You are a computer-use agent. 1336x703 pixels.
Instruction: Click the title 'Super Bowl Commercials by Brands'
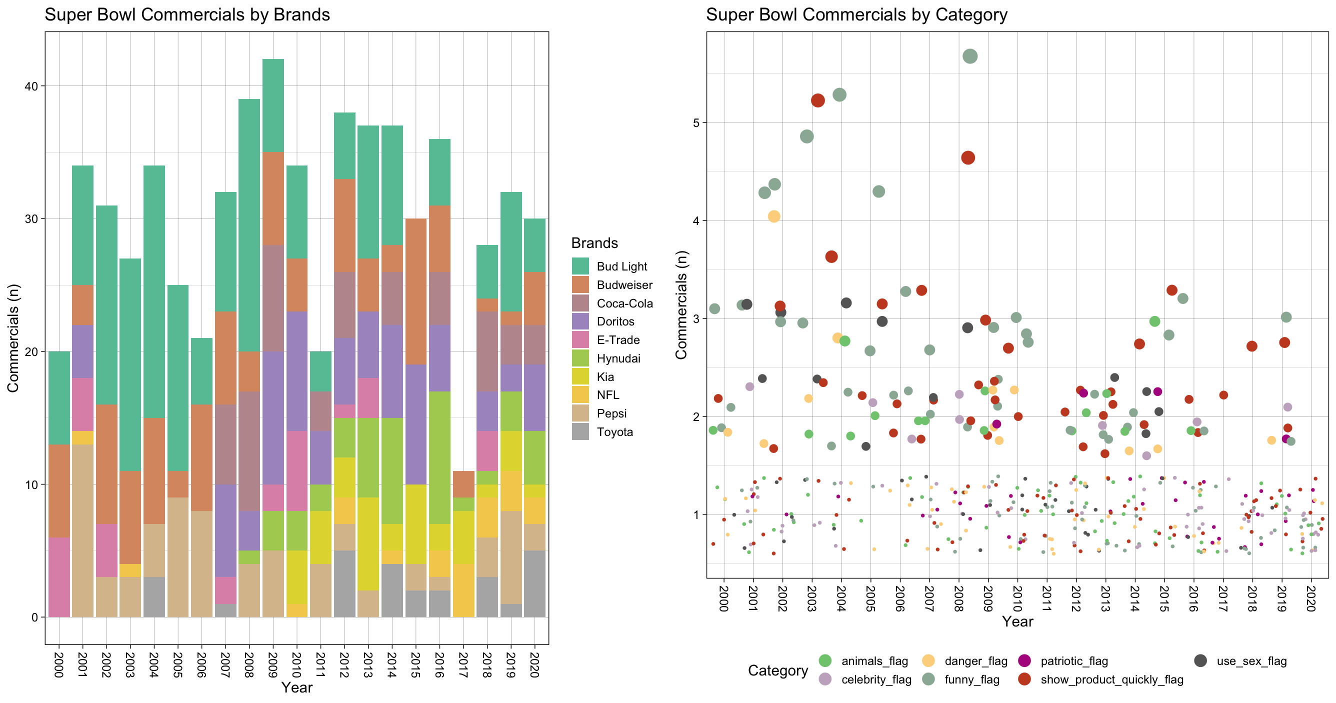187,14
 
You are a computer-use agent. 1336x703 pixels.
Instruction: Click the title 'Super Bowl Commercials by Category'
856,14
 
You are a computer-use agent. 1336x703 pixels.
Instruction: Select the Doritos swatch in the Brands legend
580,321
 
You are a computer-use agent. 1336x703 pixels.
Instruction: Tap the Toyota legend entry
614,432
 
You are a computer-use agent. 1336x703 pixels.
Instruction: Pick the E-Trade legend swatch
580,340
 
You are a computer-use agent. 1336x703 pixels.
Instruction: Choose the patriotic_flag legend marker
1024,660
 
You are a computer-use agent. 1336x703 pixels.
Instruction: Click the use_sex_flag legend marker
1200,660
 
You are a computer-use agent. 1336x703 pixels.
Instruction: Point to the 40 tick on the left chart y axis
31,86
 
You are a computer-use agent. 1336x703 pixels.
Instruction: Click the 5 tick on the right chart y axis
696,123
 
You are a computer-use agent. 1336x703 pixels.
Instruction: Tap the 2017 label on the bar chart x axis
463,664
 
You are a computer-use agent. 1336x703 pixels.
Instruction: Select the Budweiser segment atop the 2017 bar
463,484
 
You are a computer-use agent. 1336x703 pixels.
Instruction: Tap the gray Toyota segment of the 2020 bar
534,583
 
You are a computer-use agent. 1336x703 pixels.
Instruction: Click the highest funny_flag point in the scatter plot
970,56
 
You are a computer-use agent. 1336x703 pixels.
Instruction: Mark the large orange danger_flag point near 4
774,216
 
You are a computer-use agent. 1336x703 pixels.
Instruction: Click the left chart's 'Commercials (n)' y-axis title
13,338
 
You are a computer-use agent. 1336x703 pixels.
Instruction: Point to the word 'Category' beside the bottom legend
777,670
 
